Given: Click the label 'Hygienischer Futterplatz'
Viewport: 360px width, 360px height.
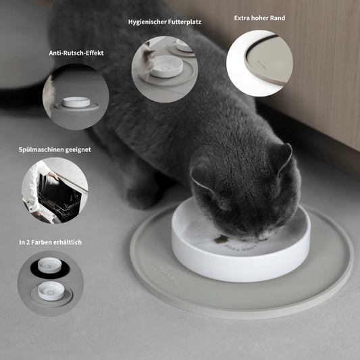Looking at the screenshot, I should coord(164,22).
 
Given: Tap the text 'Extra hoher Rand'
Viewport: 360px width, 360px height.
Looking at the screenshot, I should coord(259,18).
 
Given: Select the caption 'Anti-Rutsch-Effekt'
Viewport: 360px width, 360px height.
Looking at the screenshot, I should coord(76,53).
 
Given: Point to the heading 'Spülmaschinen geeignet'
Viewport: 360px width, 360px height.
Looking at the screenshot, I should coord(55,149).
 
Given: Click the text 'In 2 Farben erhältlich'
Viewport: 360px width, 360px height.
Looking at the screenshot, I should coord(51,241).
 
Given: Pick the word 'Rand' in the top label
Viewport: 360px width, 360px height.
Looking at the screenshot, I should coord(277,18).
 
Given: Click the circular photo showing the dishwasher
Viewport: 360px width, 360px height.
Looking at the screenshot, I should coord(55,191).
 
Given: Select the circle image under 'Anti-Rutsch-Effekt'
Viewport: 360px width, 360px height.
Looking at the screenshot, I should coord(76,97).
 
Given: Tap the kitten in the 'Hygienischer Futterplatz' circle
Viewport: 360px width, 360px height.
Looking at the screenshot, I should coord(147,60).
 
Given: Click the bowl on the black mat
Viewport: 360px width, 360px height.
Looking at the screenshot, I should coord(48,264).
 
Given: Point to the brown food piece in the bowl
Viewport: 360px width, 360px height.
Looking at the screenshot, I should coord(220,238).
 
